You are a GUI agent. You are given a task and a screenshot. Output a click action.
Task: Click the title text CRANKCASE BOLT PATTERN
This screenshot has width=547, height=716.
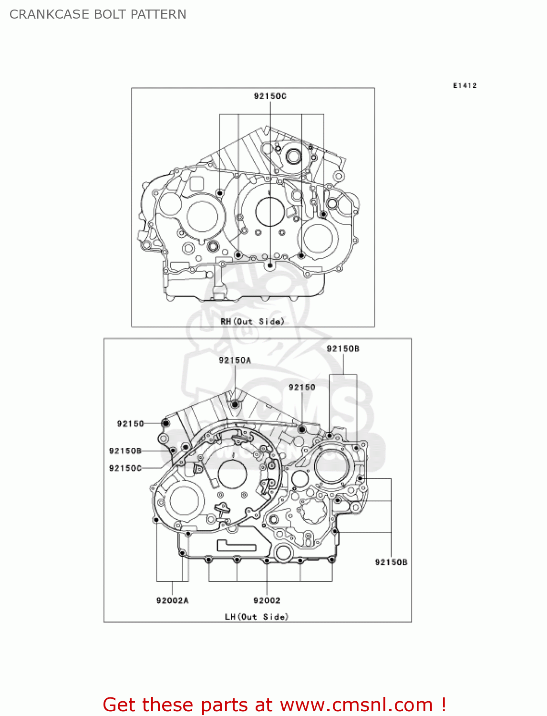pyautogui.click(x=98, y=14)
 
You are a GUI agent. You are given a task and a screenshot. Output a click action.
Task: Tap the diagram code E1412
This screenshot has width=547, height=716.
pyautogui.click(x=464, y=85)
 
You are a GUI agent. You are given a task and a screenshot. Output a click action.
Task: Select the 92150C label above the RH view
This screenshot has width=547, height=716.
pyautogui.click(x=270, y=96)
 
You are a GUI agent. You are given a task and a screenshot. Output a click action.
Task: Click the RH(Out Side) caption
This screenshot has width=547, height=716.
pyautogui.click(x=252, y=321)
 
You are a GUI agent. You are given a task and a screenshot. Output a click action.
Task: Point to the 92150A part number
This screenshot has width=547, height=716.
pyautogui.click(x=235, y=360)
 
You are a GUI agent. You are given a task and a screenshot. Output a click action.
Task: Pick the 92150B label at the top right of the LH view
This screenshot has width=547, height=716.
pyautogui.click(x=343, y=349)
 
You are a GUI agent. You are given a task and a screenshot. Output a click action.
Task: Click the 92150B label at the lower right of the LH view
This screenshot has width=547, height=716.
pyautogui.click(x=391, y=562)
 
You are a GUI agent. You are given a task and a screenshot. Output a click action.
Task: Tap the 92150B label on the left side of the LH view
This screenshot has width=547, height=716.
pyautogui.click(x=125, y=451)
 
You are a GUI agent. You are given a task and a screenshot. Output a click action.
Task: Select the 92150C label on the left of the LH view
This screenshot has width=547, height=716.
pyautogui.click(x=125, y=468)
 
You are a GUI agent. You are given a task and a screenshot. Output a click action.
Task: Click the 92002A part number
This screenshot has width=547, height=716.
pyautogui.click(x=172, y=600)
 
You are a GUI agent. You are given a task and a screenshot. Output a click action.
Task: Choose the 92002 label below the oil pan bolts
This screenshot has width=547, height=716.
pyautogui.click(x=267, y=600)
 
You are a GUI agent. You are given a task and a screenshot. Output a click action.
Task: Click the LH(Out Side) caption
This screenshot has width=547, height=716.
pyautogui.click(x=257, y=617)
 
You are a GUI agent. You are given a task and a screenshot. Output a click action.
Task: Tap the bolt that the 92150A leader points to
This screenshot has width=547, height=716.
pyautogui.click(x=235, y=405)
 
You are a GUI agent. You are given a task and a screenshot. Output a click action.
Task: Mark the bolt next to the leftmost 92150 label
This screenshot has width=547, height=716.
pyautogui.click(x=165, y=423)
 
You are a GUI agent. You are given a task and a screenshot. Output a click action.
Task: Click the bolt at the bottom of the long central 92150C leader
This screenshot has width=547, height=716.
pyautogui.click(x=270, y=265)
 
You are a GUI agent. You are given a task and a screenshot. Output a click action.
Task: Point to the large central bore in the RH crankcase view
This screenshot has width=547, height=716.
pyautogui.click(x=270, y=212)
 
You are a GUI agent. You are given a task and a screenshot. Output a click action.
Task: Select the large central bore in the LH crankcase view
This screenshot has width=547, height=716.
pyautogui.click(x=232, y=474)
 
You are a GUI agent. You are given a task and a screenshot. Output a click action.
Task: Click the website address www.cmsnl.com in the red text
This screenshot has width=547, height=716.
pyautogui.click(x=356, y=705)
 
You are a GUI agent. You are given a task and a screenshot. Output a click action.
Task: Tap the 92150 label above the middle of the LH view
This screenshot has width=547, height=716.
pyautogui.click(x=302, y=387)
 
